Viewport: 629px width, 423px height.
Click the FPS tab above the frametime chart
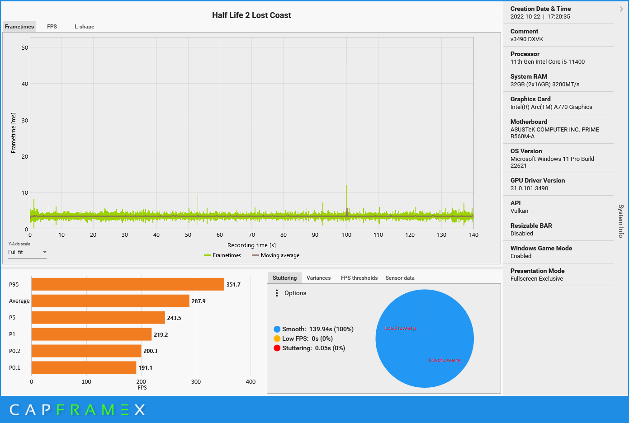click(x=52, y=27)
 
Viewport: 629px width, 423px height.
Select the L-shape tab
click(x=85, y=27)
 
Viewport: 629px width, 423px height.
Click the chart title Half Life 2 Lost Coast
click(x=251, y=15)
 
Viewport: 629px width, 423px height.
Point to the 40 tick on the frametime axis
click(x=25, y=84)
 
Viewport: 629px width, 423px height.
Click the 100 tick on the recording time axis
click(x=347, y=235)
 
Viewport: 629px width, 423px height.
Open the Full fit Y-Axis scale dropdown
click(x=27, y=252)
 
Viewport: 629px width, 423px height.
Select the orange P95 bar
click(x=128, y=284)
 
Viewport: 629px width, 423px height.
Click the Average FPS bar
click(x=110, y=301)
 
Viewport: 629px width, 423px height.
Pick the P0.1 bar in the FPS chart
click(x=84, y=367)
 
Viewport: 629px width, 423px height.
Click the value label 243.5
click(x=174, y=318)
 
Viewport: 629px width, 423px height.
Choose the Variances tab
click(x=318, y=278)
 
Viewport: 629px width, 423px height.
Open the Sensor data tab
click(x=400, y=278)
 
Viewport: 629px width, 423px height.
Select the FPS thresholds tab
click(x=359, y=278)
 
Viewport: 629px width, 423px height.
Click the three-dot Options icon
click(x=277, y=293)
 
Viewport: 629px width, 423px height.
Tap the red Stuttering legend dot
click(x=277, y=348)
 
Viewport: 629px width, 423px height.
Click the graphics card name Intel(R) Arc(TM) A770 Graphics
click(x=551, y=107)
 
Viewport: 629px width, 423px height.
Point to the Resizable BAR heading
click(x=531, y=226)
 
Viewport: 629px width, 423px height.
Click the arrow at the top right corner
click(x=621, y=9)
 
